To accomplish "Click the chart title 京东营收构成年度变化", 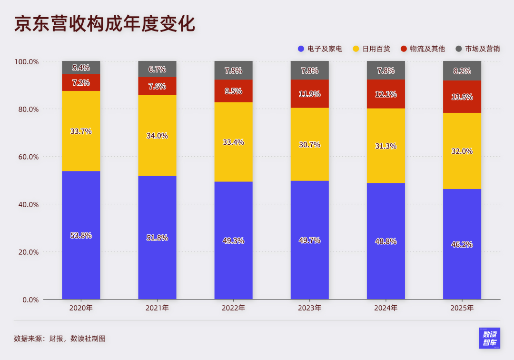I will pos(105,24).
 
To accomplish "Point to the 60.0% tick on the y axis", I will pos(27,157).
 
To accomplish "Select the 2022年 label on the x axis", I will pos(233,308).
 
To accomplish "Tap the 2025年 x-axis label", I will pos(462,308).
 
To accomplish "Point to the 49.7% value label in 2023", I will pos(309,240).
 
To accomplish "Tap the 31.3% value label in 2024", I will pos(385,146).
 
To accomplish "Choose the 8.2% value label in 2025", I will pos(462,71).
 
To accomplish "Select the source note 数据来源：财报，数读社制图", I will pos(59,339).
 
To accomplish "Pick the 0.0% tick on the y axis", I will pos(29,300).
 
